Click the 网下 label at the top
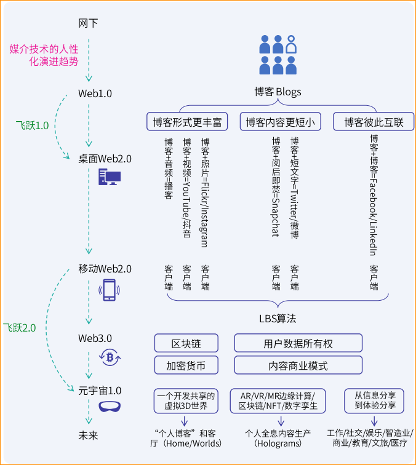pos(88,23)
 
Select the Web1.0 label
pos(95,93)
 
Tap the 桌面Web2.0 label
pos(105,158)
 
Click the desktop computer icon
pos(109,178)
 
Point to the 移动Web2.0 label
pos(105,269)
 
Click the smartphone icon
pos(109,290)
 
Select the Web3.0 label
pos(95,338)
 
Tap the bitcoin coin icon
pos(110,357)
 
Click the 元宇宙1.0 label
pos(100,390)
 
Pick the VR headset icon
pos(110,407)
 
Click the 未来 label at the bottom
pos(88,435)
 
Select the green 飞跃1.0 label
pos(32,125)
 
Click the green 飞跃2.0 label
pos(19,328)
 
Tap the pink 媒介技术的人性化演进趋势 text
pos(44,55)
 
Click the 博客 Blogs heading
pos(278,92)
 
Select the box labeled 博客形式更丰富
pos(187,122)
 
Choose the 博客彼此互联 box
pos(374,122)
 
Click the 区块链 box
pos(186,343)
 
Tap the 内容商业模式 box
pos(298,365)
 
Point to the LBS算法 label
pos(278,319)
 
